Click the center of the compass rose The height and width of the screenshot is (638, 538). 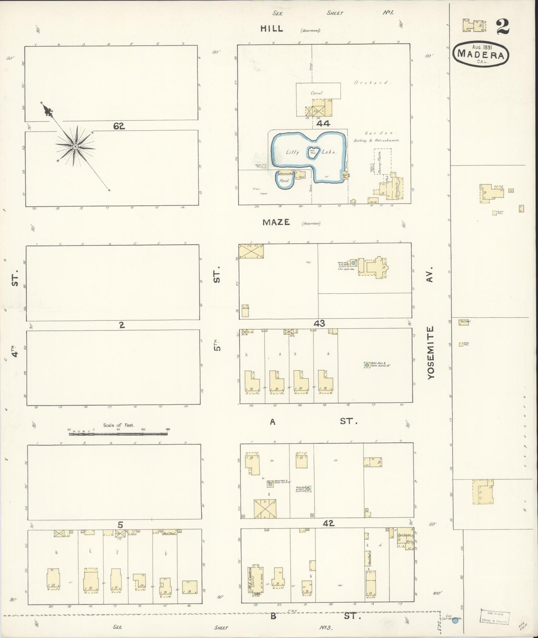pyautogui.click(x=75, y=147)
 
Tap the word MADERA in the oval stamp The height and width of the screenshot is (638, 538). pyautogui.click(x=481, y=54)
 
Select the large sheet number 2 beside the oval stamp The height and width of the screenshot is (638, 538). pyautogui.click(x=502, y=26)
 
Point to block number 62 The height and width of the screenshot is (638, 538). pyautogui.click(x=119, y=126)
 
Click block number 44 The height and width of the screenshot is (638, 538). pyautogui.click(x=323, y=124)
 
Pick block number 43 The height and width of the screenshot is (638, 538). pyautogui.click(x=319, y=323)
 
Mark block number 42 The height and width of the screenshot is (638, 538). pyautogui.click(x=328, y=523)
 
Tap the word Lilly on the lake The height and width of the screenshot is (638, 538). pyautogui.click(x=293, y=152)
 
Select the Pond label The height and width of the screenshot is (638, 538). pyautogui.click(x=285, y=181)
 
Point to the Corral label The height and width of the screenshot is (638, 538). pyautogui.click(x=317, y=93)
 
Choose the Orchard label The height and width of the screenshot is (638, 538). pyautogui.click(x=372, y=82)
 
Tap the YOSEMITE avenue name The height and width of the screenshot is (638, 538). pyautogui.click(x=431, y=353)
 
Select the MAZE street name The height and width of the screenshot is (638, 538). pyautogui.click(x=276, y=222)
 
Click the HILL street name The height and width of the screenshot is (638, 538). pyautogui.click(x=271, y=28)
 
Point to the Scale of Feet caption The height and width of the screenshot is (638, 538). pyautogui.click(x=119, y=425)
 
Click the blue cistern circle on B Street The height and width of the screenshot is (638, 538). pyautogui.click(x=455, y=621)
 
